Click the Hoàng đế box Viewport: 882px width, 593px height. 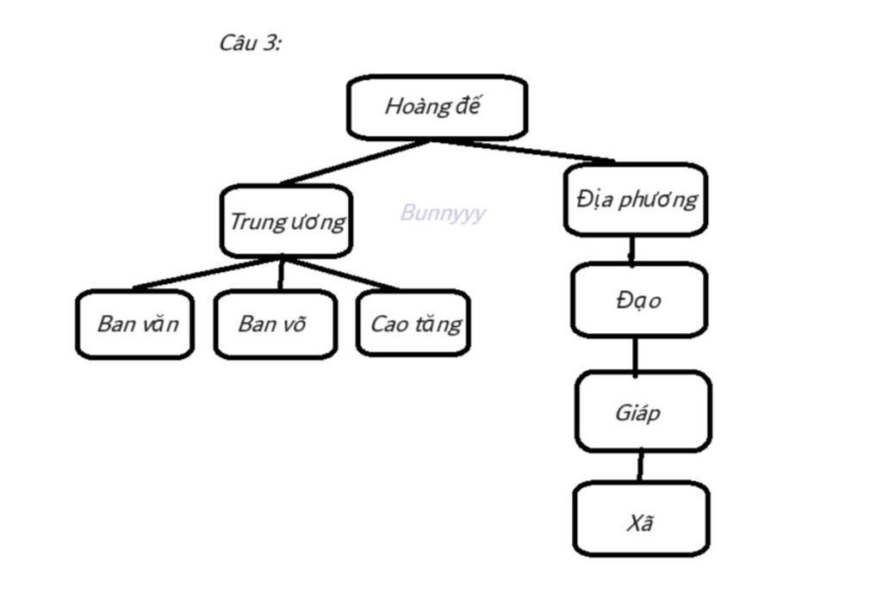coord(437,108)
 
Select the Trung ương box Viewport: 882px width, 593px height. coord(286,221)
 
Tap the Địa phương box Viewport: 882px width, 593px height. coord(636,200)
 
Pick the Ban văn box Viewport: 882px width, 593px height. coord(135,324)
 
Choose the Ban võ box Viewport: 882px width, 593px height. coord(274,324)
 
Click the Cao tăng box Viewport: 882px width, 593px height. coord(413,324)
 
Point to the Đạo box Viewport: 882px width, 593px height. coord(639,300)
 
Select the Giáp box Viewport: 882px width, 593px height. coord(643,412)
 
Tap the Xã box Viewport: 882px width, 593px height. coord(641,520)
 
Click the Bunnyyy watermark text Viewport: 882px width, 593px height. coord(443,213)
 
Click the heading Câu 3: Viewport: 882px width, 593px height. coord(250,43)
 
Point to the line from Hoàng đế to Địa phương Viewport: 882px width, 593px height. coord(525,150)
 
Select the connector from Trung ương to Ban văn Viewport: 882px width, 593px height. coord(207,273)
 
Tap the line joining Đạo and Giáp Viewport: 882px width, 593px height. coord(636,354)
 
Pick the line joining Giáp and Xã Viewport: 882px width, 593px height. coord(640,466)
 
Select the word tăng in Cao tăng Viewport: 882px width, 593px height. coord(441,324)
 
